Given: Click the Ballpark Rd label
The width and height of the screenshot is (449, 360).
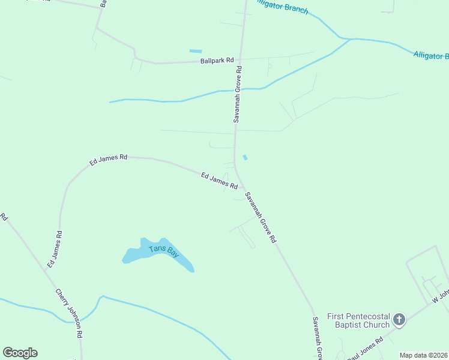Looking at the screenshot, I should pyautogui.click(x=217, y=61).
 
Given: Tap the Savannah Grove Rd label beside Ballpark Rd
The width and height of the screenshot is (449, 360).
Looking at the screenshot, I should pyautogui.click(x=238, y=94).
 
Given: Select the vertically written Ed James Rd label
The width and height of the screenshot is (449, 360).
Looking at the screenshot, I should pyautogui.click(x=54, y=248).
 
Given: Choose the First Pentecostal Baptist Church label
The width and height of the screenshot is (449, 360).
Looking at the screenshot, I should pyautogui.click(x=358, y=320).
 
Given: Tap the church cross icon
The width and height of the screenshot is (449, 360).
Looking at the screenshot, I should pyautogui.click(x=400, y=319).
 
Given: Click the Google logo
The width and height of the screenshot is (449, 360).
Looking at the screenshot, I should pyautogui.click(x=20, y=353).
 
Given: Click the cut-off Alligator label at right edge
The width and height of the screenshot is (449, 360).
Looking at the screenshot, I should pyautogui.click(x=431, y=55).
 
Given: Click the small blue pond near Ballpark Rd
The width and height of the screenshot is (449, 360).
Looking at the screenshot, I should pyautogui.click(x=196, y=51).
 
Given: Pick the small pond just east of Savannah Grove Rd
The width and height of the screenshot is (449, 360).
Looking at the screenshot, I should pyautogui.click(x=244, y=158).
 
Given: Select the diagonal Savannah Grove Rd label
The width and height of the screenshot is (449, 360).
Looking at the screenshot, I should pyautogui.click(x=261, y=217).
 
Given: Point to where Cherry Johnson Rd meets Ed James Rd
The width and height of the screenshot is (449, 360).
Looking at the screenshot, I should pyautogui.click(x=46, y=269).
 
